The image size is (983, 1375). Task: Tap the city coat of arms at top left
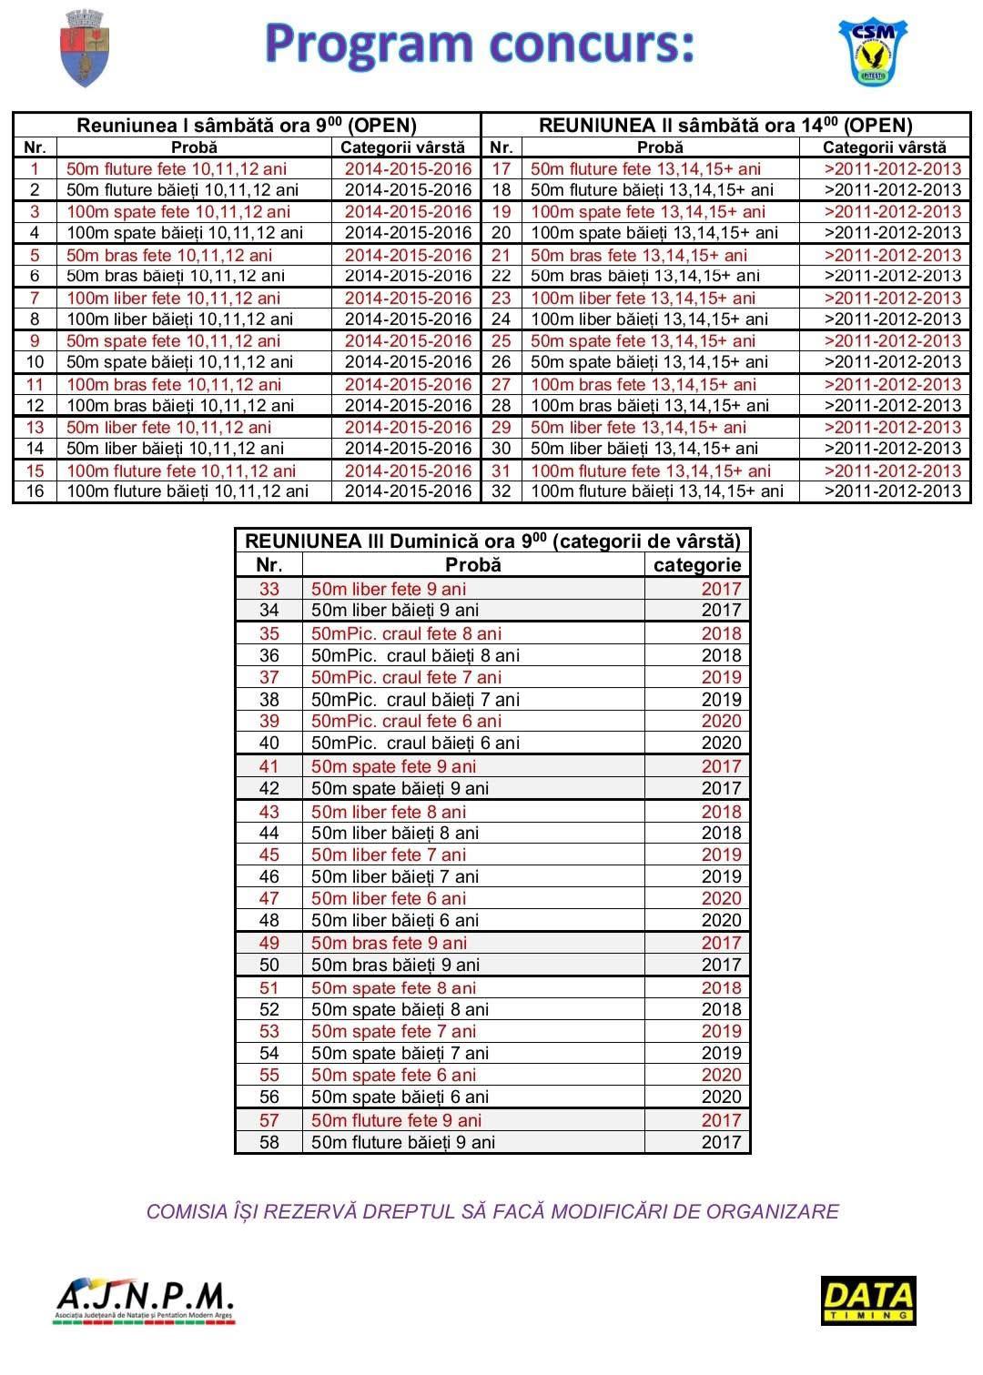pyautogui.click(x=84, y=48)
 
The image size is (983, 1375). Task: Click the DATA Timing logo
pyautogui.click(x=867, y=1299)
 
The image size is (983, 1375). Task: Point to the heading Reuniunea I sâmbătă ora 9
pyautogui.click(x=246, y=126)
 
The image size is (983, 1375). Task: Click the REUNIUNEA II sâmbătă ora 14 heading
pyautogui.click(x=725, y=126)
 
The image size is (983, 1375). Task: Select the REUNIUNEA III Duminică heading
pyautogui.click(x=492, y=541)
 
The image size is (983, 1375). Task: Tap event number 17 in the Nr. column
pyautogui.click(x=501, y=168)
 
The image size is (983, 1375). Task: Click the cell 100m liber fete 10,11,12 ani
pyautogui.click(x=174, y=298)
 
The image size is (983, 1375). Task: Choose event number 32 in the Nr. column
pyautogui.click(x=501, y=491)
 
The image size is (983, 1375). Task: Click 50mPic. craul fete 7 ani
pyautogui.click(x=406, y=677)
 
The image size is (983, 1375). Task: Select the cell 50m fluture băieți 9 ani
pyautogui.click(x=403, y=1142)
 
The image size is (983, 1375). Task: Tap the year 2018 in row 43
pyautogui.click(x=721, y=812)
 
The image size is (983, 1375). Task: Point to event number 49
pyautogui.click(x=269, y=943)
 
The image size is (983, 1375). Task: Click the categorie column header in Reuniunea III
pyautogui.click(x=697, y=565)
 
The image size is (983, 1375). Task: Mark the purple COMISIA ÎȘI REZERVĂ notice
pyautogui.click(x=492, y=1211)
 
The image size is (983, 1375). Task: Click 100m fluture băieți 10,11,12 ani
pyautogui.click(x=187, y=491)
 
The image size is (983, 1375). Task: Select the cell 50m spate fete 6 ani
pyautogui.click(x=393, y=1075)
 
